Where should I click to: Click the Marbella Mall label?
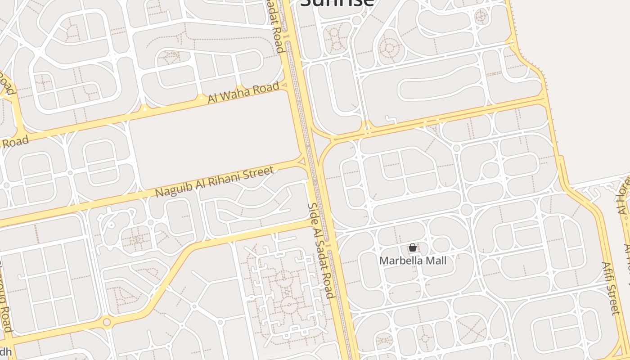pyautogui.click(x=413, y=261)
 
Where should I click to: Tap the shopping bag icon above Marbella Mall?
pyautogui.click(x=412, y=247)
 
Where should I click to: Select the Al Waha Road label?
pyautogui.click(x=243, y=92)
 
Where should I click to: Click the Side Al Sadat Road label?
pyautogui.click(x=320, y=250)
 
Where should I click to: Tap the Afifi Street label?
pyautogui.click(x=611, y=288)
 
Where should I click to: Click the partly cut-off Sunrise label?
pyautogui.click(x=337, y=3)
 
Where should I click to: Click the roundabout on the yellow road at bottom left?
pyautogui.click(x=107, y=322)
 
